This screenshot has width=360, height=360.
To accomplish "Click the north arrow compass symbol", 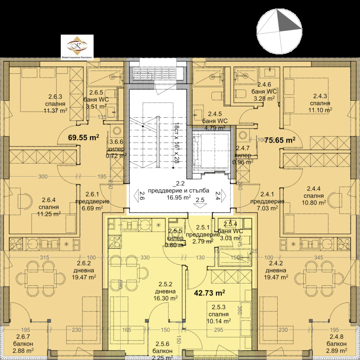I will click(x=279, y=31).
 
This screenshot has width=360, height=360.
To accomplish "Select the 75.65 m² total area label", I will click(x=279, y=139).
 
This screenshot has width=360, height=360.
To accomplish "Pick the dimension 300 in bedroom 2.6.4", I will click(x=43, y=177).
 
